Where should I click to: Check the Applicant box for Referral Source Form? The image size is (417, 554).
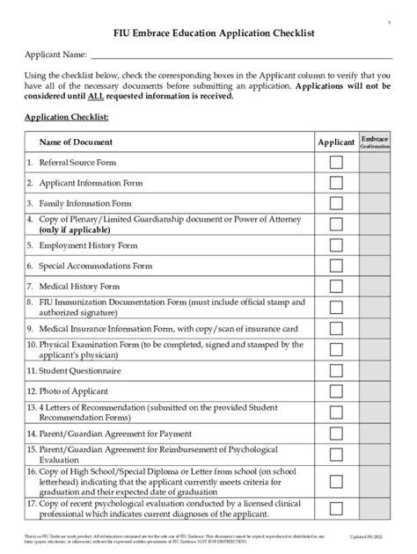[x=336, y=163]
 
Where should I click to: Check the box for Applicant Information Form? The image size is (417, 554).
[x=336, y=183]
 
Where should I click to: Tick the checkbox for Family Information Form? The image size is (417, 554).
[x=336, y=203]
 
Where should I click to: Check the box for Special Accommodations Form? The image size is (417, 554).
[x=336, y=266]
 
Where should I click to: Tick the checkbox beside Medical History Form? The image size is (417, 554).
[x=336, y=287]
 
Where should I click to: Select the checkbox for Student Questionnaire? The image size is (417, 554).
[x=336, y=371]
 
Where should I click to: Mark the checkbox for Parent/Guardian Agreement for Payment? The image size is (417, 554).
[x=336, y=434]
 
